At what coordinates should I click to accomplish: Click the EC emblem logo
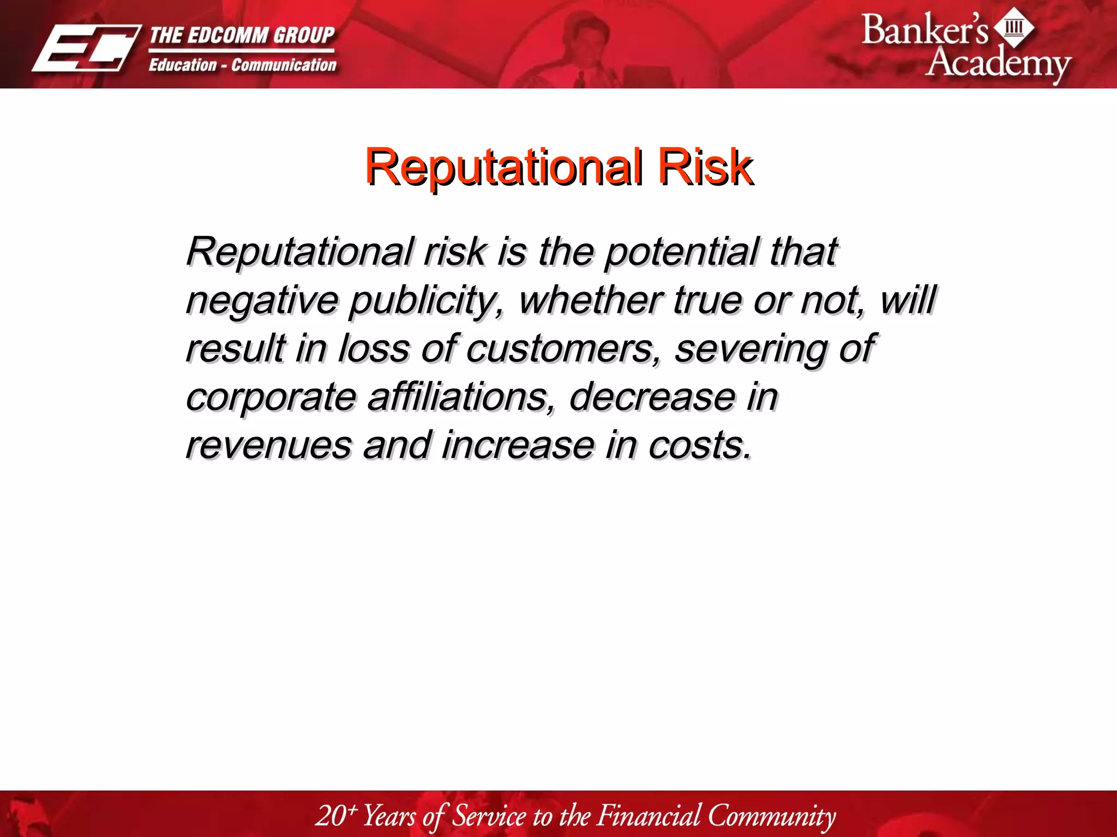tap(86, 48)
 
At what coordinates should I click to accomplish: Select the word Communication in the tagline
tap(284, 65)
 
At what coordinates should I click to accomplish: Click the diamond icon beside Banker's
tap(1014, 27)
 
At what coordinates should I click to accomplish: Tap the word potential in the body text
tap(682, 252)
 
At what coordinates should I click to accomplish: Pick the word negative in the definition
tap(262, 300)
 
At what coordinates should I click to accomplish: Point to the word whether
tap(591, 300)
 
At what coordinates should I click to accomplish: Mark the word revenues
tap(268, 445)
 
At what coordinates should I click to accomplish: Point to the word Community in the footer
tap(771, 816)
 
